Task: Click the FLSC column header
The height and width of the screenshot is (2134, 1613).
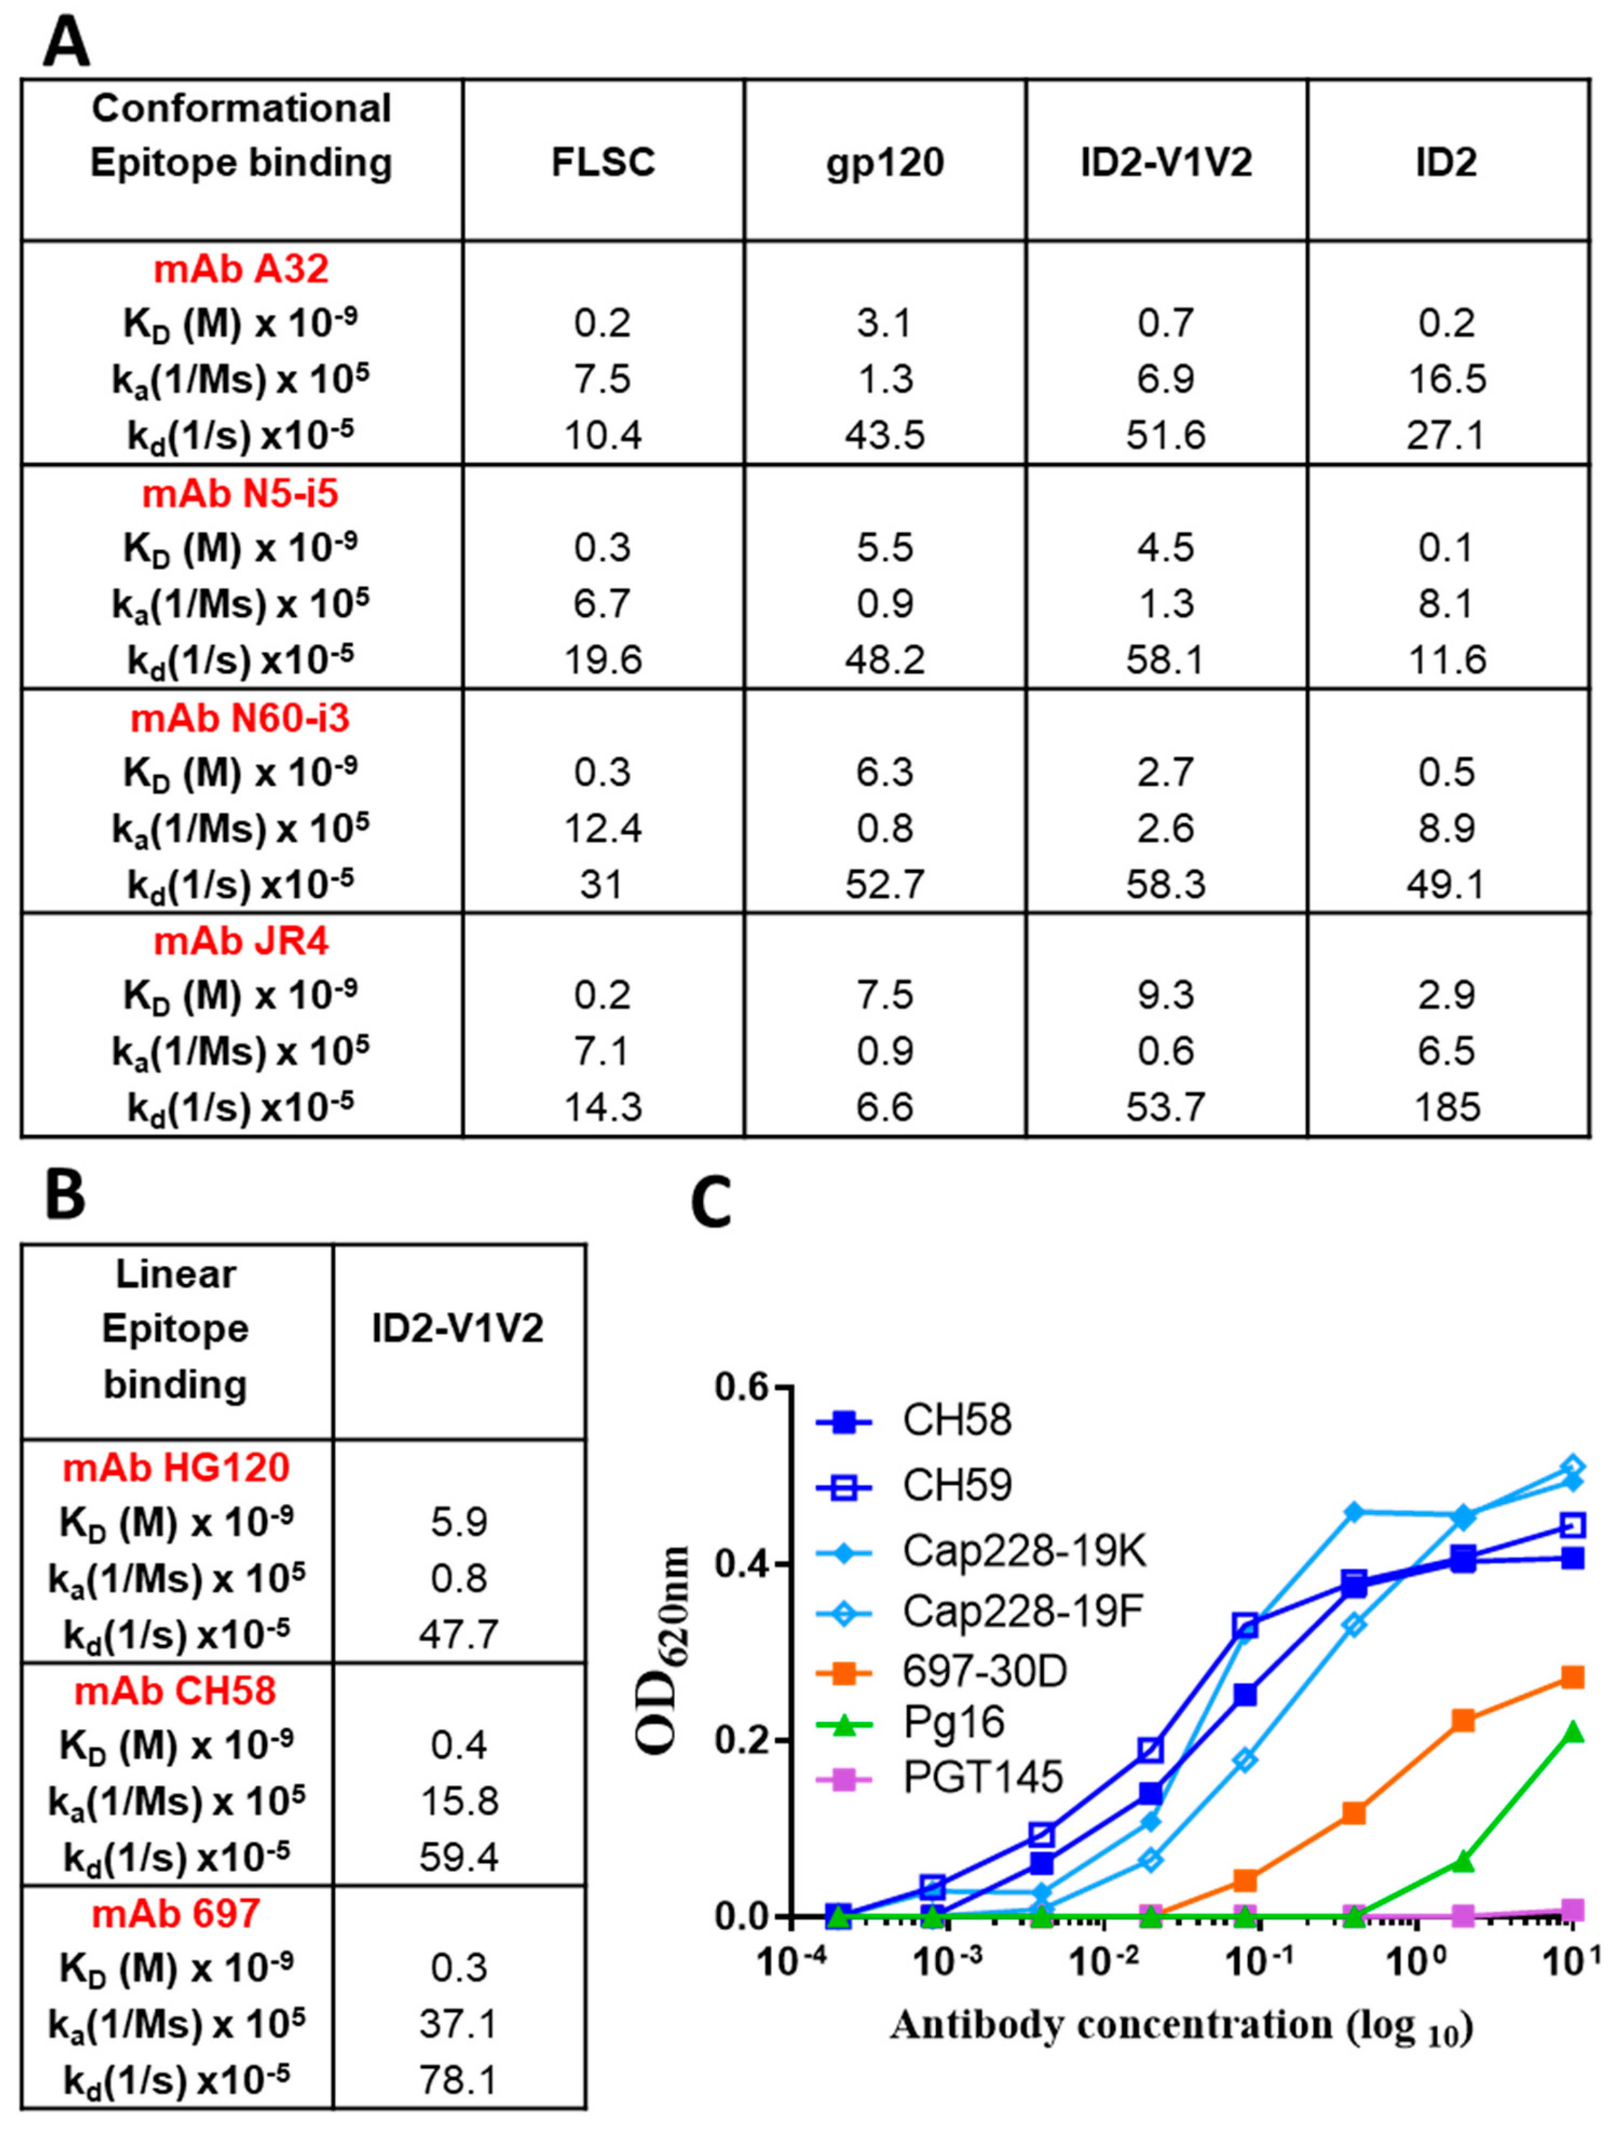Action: [603, 162]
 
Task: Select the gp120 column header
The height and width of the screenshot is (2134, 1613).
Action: [885, 162]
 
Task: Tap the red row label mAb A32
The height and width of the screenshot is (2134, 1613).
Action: [241, 268]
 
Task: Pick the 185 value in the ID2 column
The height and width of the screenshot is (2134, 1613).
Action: [1447, 1107]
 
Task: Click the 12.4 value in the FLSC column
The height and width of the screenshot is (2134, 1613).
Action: [603, 828]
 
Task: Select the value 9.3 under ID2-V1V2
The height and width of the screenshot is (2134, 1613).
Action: [1165, 994]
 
